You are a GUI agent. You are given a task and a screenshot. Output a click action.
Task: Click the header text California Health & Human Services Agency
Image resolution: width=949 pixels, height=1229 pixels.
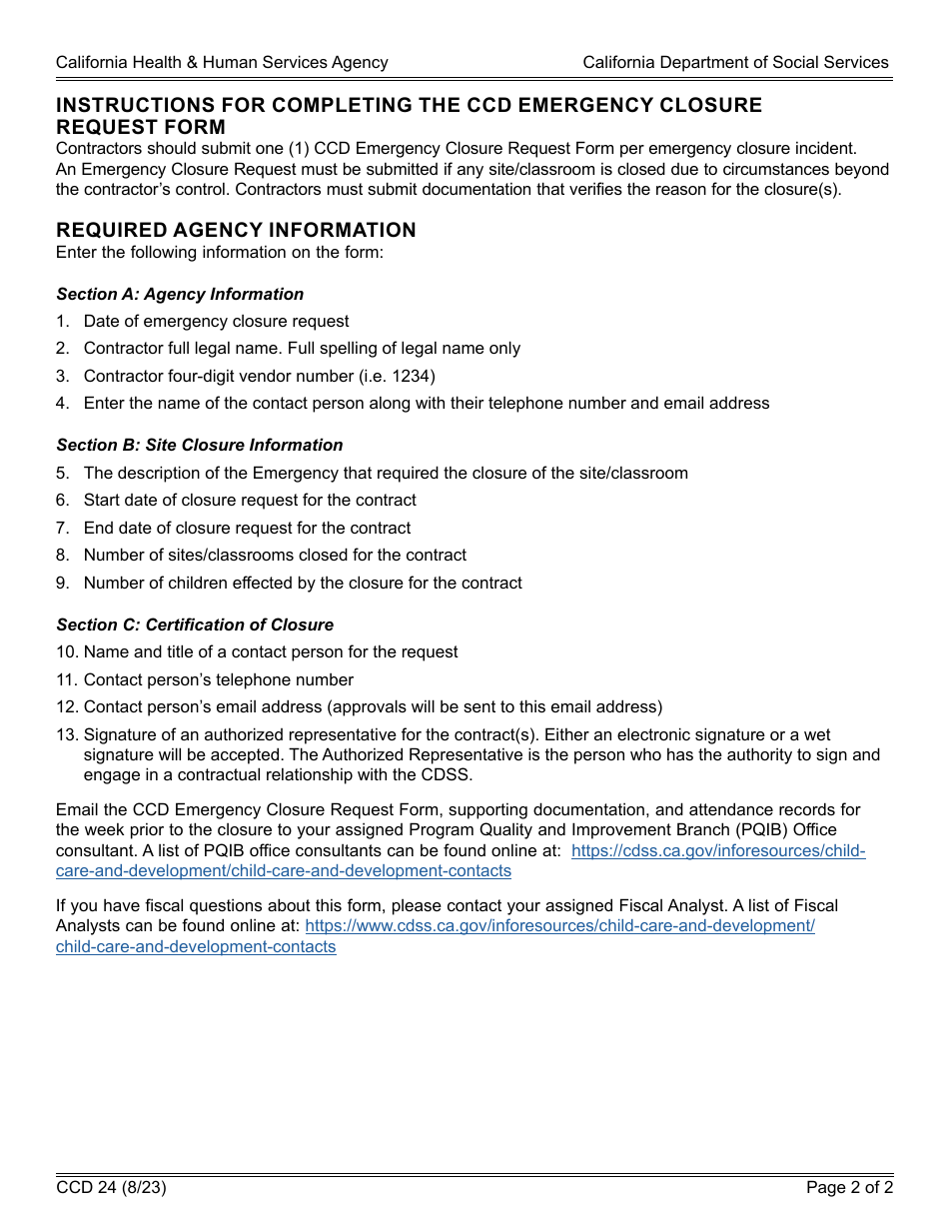(x=222, y=62)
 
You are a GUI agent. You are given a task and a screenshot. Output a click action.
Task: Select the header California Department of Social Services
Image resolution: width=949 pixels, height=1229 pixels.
(x=735, y=62)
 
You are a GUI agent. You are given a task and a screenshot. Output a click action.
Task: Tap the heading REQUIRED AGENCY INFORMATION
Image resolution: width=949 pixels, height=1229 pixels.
(x=236, y=230)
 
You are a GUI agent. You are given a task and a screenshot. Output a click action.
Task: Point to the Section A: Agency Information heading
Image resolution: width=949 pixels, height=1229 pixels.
(x=180, y=294)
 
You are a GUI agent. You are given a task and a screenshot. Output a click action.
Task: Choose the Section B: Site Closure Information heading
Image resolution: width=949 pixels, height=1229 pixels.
(x=199, y=445)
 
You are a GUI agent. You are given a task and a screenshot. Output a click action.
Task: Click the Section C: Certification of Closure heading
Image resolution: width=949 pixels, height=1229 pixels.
(x=195, y=624)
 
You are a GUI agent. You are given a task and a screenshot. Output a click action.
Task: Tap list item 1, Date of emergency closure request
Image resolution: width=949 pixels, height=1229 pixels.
(x=216, y=321)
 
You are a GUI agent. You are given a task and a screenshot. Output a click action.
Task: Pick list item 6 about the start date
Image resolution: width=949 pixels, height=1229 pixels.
(x=250, y=500)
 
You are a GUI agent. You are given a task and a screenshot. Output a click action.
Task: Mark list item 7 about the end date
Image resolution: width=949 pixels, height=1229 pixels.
(x=247, y=528)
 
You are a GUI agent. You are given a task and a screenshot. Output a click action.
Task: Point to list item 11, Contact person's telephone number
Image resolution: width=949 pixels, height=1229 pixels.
(x=218, y=679)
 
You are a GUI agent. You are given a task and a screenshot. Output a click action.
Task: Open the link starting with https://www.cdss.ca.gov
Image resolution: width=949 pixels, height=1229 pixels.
(x=559, y=925)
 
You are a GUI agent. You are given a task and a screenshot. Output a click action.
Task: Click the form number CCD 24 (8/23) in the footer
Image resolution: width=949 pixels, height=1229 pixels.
(x=111, y=1188)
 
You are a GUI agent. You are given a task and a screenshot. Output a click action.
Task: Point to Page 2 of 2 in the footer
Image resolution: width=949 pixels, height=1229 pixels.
(x=849, y=1188)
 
